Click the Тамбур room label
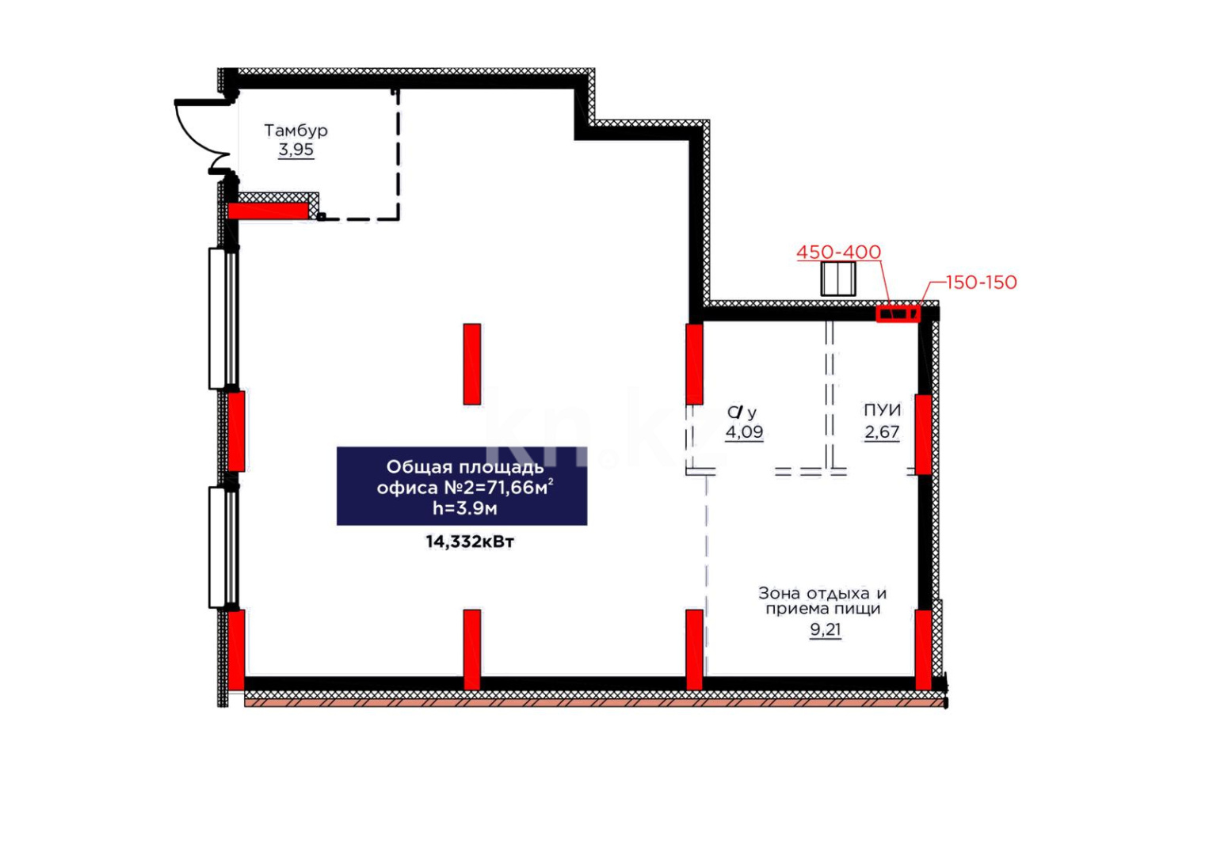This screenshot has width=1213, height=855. tap(296, 131)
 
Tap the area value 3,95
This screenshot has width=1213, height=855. tap(296, 150)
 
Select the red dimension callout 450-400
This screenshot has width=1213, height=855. tap(838, 253)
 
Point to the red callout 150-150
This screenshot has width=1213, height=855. tap(981, 283)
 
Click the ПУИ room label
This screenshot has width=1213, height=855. tap(882, 411)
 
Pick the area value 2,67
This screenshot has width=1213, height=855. tap(882, 431)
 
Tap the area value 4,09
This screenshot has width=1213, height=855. tap(744, 431)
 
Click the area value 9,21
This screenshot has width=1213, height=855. tap(826, 630)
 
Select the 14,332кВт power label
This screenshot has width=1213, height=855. tap(470, 541)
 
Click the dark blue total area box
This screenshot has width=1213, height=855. tap(462, 486)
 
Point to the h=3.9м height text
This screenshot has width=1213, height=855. tap(464, 509)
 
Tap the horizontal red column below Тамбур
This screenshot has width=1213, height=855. tap(268, 211)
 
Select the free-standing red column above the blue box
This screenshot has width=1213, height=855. tap(471, 364)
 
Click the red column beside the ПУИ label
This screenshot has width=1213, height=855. tap(923, 435)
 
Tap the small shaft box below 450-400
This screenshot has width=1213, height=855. tap(838, 279)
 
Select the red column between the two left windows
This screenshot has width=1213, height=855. tap(236, 431)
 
